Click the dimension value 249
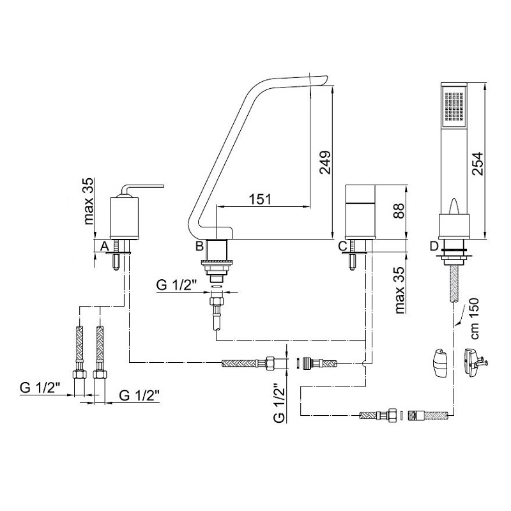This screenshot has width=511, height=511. point(325,162)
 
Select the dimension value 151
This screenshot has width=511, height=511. point(261,199)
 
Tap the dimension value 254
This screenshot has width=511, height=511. point(478,164)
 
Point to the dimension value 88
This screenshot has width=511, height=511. point(398,211)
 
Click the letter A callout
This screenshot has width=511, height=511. point(104,246)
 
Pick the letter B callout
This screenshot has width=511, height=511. point(199,246)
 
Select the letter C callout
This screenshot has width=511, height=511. point(343,246)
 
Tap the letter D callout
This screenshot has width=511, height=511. point(434,246)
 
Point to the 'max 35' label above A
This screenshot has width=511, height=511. point(89,201)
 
